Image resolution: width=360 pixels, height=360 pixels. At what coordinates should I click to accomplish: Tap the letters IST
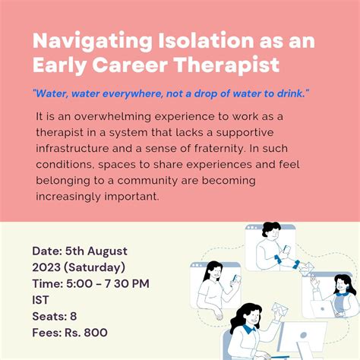point(41,300)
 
